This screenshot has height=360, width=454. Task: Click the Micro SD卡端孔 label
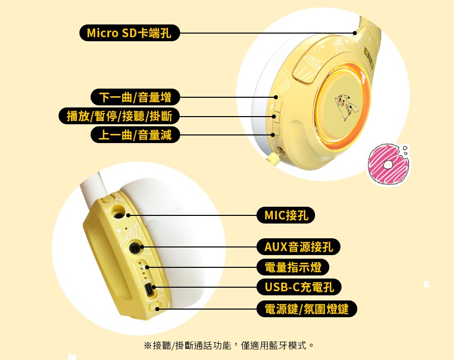(129, 33)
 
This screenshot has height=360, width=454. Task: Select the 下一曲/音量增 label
(135, 97)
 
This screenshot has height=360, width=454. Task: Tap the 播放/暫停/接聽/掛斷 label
(119, 116)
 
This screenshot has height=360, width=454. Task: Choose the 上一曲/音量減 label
(135, 135)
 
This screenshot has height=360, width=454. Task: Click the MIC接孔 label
(286, 215)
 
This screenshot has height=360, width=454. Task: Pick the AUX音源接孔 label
(298, 247)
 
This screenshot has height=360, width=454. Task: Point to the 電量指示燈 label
(293, 267)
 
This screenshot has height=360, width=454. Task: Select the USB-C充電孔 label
(299, 287)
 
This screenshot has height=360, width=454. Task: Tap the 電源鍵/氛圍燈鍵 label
(306, 309)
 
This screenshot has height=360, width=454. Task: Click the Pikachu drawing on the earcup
(346, 106)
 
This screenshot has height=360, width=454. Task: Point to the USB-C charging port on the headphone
(150, 290)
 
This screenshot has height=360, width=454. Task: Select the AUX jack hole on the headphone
(135, 248)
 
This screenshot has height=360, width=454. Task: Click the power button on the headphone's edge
(154, 306)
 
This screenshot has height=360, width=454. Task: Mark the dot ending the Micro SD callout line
(355, 33)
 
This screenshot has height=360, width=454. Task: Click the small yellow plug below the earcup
(273, 157)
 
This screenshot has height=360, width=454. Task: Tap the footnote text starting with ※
(229, 345)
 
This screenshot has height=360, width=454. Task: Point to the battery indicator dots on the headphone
(144, 271)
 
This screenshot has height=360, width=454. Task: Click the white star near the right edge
(427, 285)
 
